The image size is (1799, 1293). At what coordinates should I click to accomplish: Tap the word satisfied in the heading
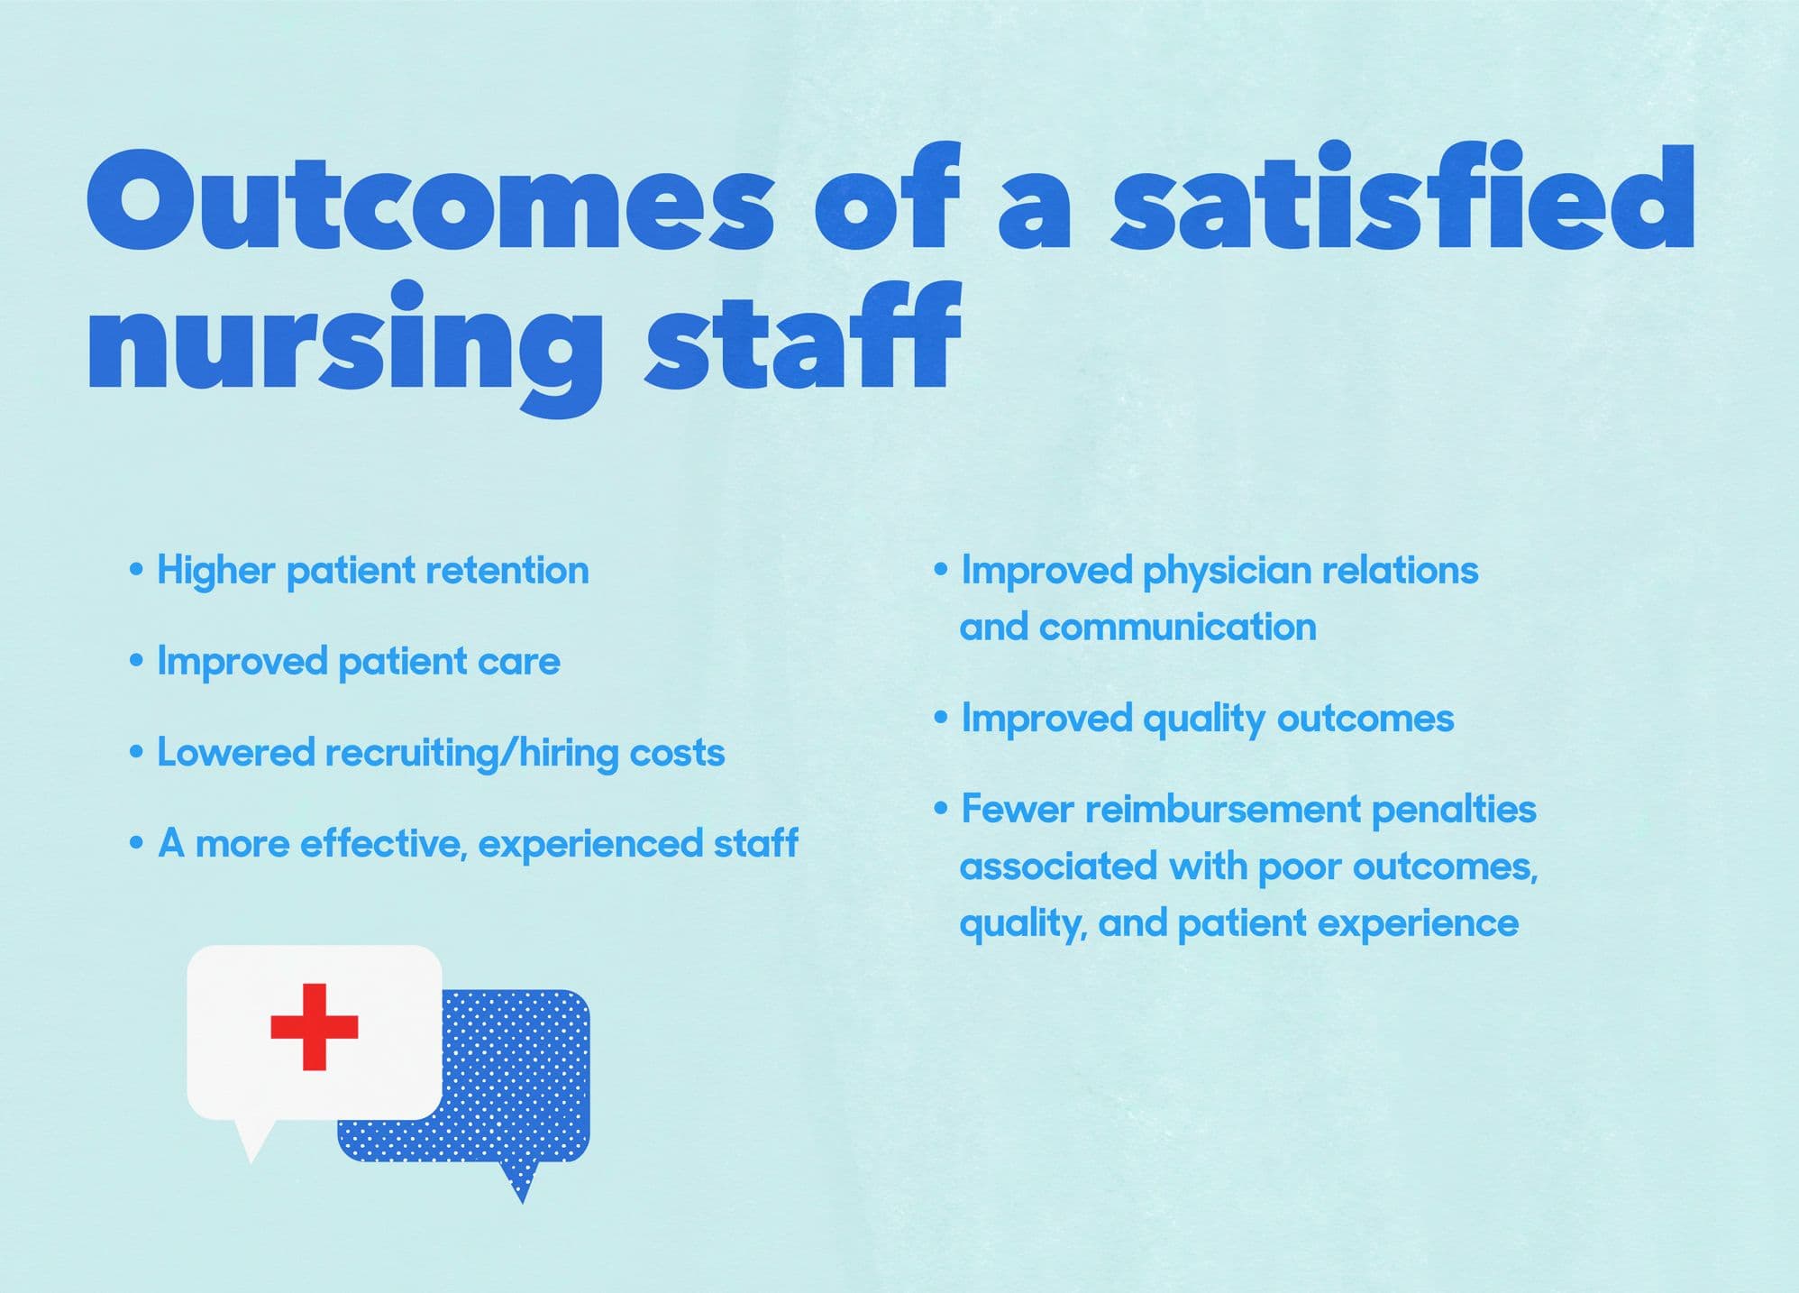tap(1402, 195)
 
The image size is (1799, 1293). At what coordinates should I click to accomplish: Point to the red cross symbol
tap(315, 1027)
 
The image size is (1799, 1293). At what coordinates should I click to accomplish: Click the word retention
tap(507, 571)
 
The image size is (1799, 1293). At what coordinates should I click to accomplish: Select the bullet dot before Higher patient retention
tap(136, 571)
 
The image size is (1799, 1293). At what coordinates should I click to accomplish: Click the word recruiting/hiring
tap(471, 754)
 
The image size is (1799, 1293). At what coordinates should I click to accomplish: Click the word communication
tap(1178, 627)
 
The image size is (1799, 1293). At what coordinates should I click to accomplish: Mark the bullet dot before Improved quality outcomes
tap(941, 719)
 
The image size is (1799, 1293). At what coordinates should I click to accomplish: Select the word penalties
tap(1454, 810)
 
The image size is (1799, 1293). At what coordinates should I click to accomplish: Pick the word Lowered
tap(236, 753)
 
